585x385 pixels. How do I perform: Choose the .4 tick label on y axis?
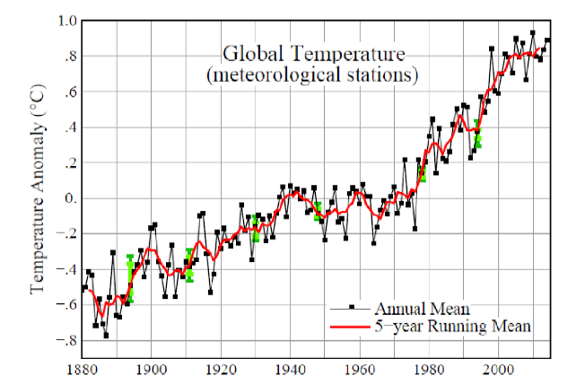click(x=68, y=127)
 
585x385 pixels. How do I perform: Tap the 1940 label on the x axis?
click(x=290, y=367)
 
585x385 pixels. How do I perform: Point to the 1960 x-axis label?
click(x=359, y=367)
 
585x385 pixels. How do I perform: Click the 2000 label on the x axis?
click(x=498, y=367)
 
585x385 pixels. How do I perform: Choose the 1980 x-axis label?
click(x=429, y=367)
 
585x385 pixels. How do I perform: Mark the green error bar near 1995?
click(x=478, y=134)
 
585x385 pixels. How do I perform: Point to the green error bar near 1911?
click(x=189, y=266)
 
